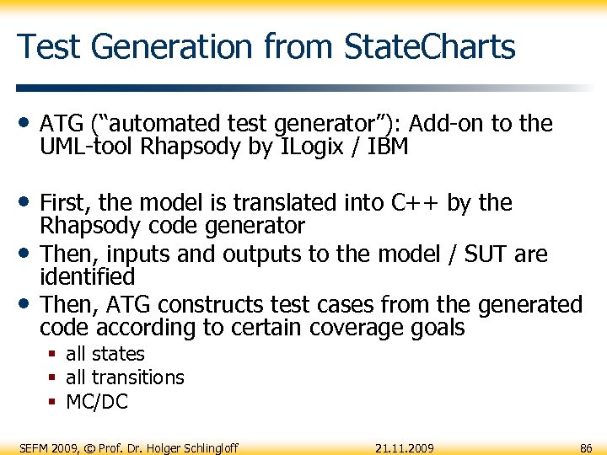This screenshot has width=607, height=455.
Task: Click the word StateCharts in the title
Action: pos(430,46)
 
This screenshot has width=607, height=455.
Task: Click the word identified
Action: pos(88,276)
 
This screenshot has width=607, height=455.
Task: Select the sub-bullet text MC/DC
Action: pos(97,402)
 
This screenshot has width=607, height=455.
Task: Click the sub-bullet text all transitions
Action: pos(125,377)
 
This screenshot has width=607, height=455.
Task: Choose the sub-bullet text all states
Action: pos(105,354)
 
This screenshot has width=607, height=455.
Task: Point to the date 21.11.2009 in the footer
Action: pos(405,447)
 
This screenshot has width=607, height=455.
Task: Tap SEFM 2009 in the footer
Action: pos(47,447)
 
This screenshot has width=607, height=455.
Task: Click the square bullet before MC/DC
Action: pos(53,403)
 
